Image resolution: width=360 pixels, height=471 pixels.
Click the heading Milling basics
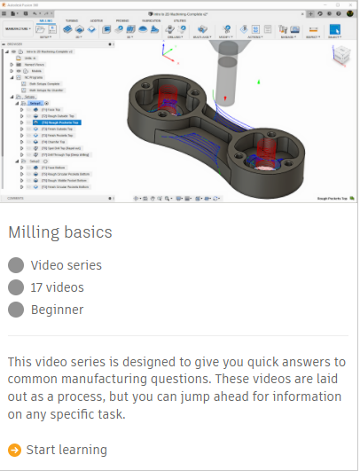(x=60, y=232)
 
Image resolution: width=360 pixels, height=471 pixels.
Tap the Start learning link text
(x=67, y=450)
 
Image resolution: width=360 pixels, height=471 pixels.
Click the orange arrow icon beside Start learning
(x=15, y=450)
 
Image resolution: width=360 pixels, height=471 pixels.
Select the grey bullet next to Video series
(x=15, y=265)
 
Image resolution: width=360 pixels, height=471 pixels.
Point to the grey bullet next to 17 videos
(x=15, y=287)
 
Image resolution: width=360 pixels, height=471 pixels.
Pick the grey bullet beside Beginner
(x=15, y=310)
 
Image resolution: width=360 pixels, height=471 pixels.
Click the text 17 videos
(x=57, y=287)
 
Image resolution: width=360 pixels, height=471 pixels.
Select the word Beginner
(x=57, y=310)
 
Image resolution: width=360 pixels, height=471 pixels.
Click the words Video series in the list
(x=66, y=265)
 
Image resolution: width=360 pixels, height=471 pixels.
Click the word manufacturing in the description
(x=104, y=378)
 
